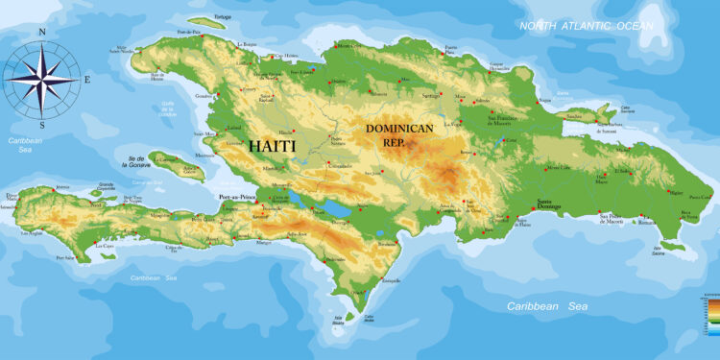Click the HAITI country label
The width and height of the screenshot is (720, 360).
[273, 146]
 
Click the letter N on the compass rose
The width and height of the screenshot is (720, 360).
[42, 32]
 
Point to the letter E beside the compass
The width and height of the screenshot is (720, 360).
[86, 80]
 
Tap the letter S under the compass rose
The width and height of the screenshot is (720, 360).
[42, 125]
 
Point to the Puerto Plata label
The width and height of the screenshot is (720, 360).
[451, 48]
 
